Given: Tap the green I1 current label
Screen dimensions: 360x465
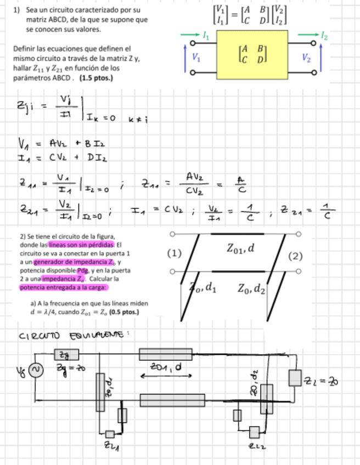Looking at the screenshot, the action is [206, 36].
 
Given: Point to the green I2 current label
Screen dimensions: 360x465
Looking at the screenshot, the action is [325, 37].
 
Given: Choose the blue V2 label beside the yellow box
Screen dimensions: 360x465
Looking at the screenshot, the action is [306, 56].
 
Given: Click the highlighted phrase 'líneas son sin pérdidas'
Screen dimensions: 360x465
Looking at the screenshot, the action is [81, 245].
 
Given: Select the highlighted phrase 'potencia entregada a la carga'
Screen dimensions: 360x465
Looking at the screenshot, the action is [64, 287].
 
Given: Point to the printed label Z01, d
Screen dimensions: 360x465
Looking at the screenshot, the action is [240, 248].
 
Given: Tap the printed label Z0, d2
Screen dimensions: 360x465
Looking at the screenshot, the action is [252, 288].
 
